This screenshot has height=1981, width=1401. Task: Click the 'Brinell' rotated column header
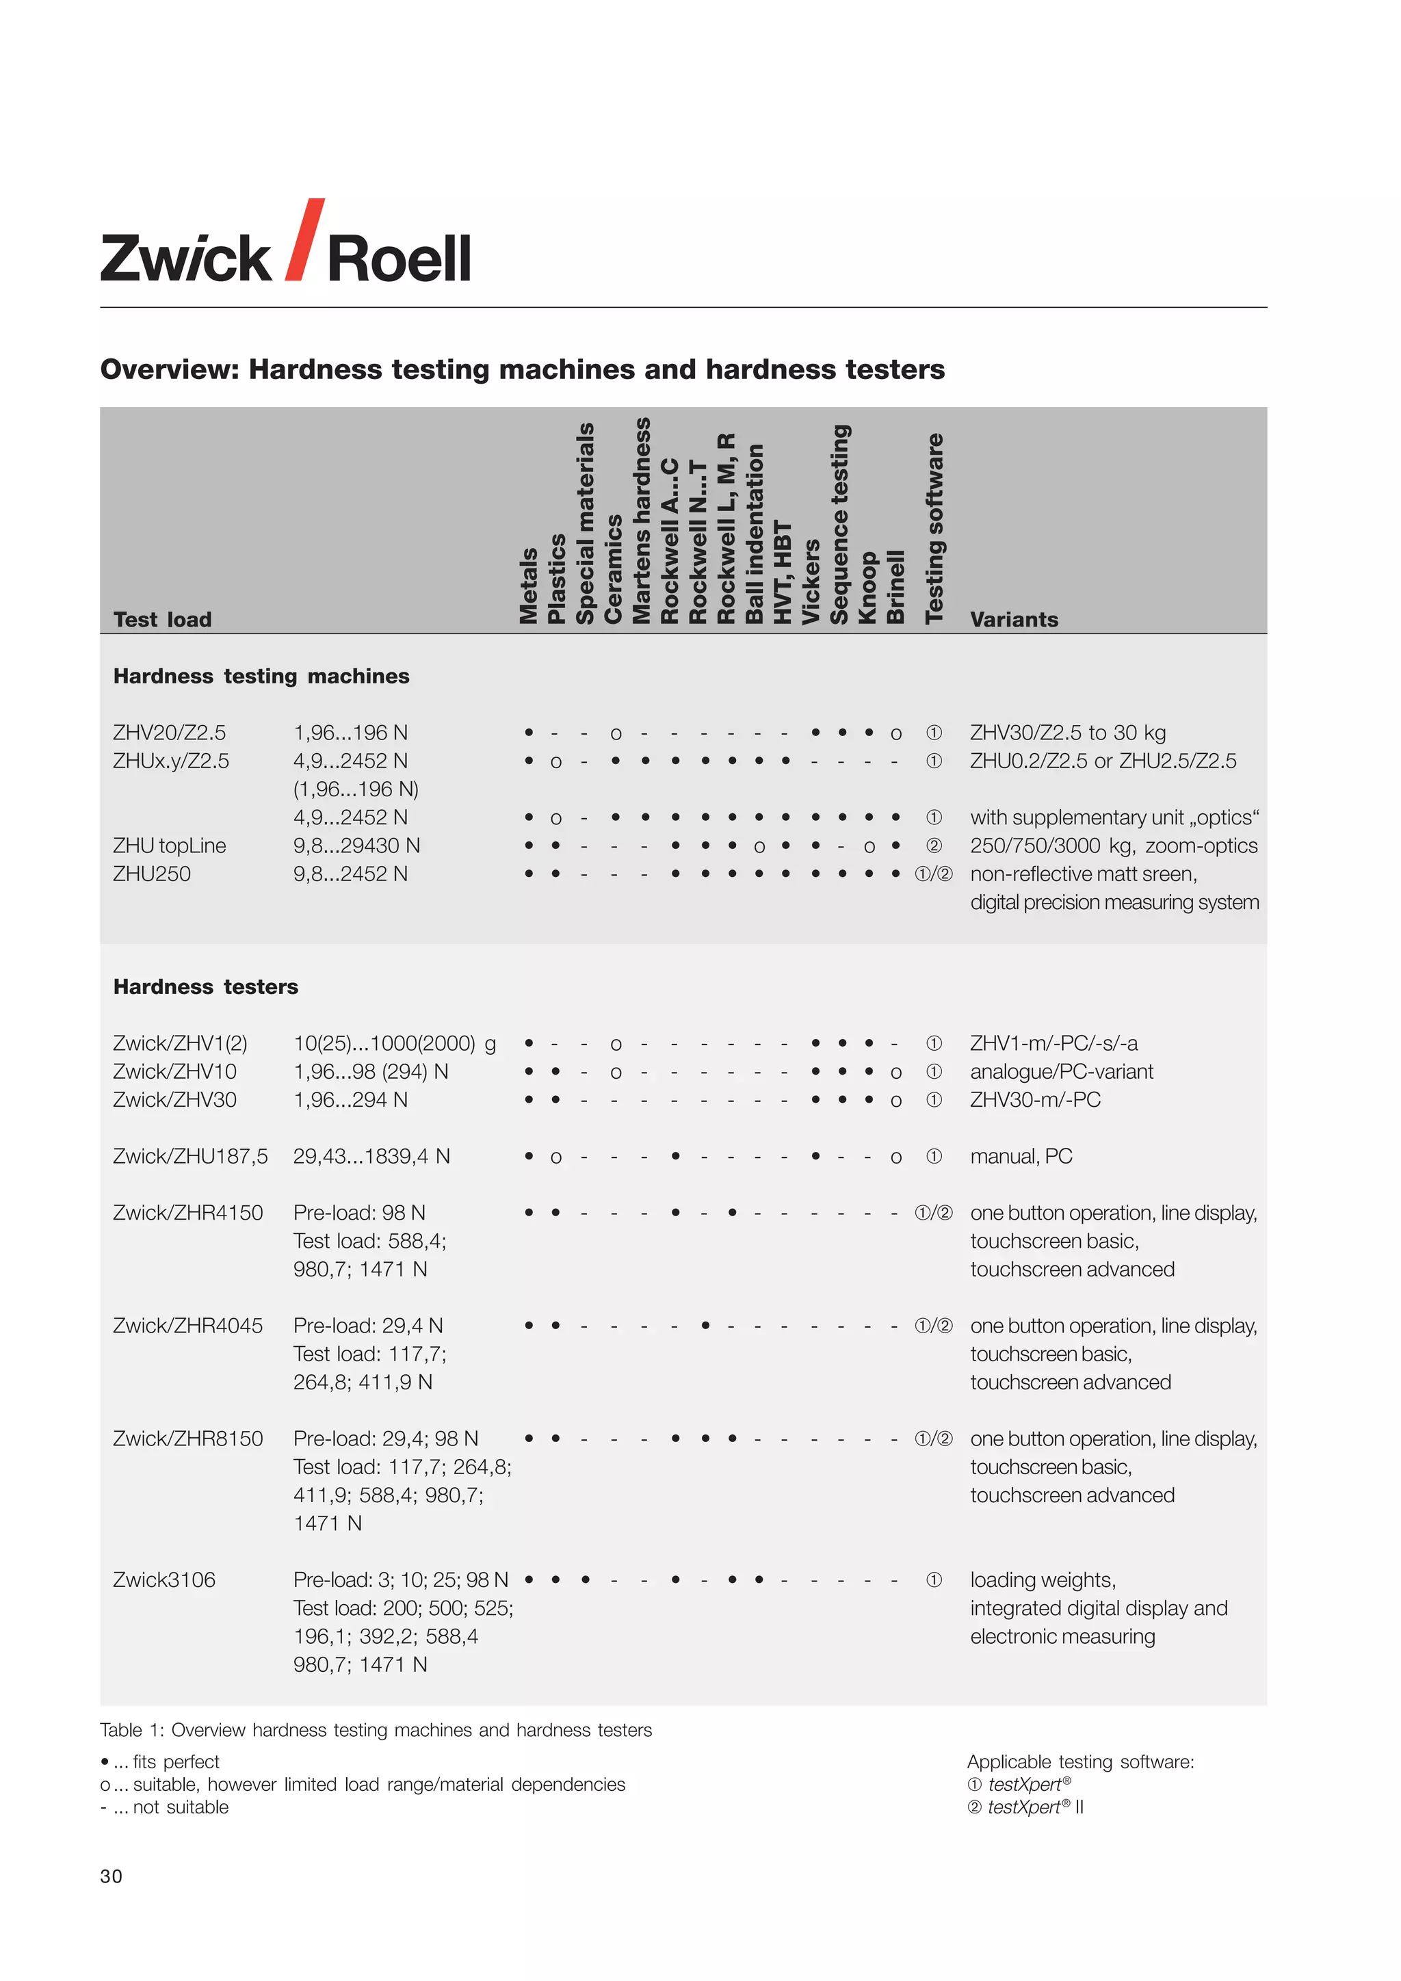pos(896,587)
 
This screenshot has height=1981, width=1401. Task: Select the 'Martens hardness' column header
pos(642,521)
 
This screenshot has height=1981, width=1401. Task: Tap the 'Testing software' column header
pos(934,528)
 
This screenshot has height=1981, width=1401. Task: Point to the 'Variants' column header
pos(1014,620)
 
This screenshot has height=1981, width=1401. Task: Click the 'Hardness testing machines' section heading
pos(261,676)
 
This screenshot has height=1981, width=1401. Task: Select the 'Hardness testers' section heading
pos(205,986)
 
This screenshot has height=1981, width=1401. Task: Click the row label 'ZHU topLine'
pos(169,845)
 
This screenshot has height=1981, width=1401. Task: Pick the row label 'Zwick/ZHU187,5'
pos(189,1156)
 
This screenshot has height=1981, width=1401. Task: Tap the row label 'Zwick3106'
pos(164,1579)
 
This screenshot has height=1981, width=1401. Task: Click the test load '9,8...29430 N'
pos(356,845)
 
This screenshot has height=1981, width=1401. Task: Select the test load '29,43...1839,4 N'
pos(371,1156)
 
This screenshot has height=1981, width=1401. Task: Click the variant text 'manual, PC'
pos(1021,1156)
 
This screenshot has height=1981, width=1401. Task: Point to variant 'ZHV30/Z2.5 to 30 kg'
pos(1067,733)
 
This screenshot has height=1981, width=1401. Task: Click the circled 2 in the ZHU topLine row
pos(933,845)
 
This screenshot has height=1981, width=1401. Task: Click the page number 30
pos(112,1876)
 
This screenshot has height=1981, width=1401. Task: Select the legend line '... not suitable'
pos(165,1807)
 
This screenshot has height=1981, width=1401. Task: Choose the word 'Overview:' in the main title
pos(169,369)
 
